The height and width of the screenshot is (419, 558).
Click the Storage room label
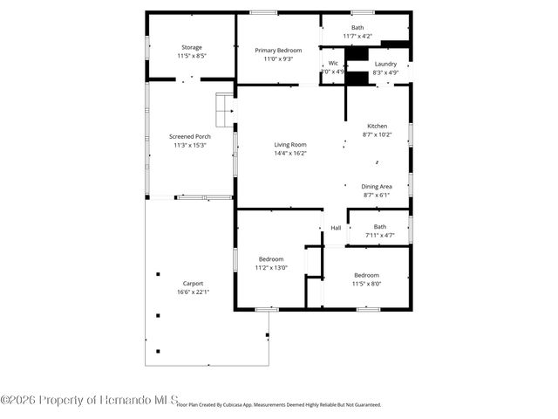click(x=192, y=47)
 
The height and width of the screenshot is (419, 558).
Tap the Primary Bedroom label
click(x=278, y=51)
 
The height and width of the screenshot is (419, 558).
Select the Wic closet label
click(x=333, y=64)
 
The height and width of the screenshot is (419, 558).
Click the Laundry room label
click(x=385, y=65)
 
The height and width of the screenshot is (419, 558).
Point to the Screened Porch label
click(x=190, y=137)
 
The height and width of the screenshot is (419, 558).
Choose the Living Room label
click(x=290, y=145)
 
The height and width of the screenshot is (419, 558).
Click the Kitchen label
click(x=377, y=127)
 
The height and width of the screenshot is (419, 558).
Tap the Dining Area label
click(x=377, y=187)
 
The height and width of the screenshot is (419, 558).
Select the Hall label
click(x=336, y=228)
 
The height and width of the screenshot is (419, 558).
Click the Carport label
click(x=193, y=284)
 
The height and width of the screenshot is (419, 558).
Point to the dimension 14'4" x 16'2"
click(x=290, y=154)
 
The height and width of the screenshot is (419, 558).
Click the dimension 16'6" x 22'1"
click(x=193, y=292)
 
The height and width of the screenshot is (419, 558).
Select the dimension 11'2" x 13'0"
click(x=270, y=267)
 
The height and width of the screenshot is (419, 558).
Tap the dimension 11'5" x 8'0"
click(x=366, y=284)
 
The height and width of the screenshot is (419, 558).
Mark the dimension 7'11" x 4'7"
click(x=380, y=235)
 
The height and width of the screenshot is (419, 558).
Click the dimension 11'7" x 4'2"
click(x=357, y=36)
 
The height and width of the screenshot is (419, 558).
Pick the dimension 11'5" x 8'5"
click(x=192, y=56)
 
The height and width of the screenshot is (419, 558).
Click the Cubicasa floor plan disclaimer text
click(x=279, y=405)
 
